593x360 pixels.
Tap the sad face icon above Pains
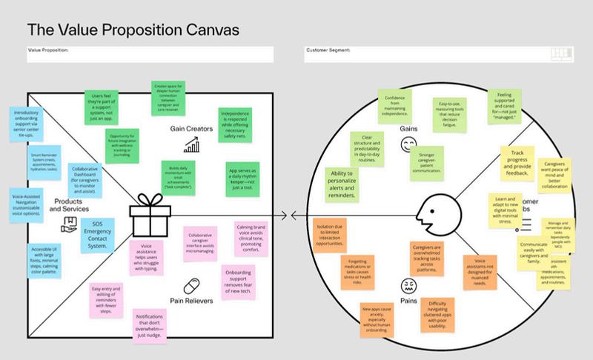click(408, 285)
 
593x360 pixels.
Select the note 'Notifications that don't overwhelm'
click(157, 327)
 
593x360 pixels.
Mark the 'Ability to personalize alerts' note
click(346, 182)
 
